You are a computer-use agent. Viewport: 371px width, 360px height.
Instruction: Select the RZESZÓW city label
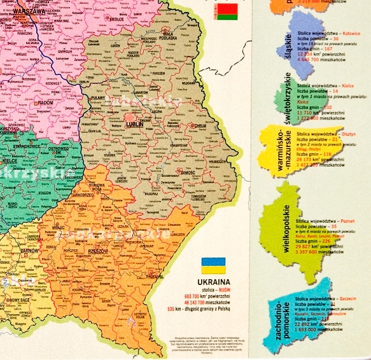click(x=133, y=251)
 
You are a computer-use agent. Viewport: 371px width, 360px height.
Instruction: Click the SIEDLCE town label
click(x=116, y=18)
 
